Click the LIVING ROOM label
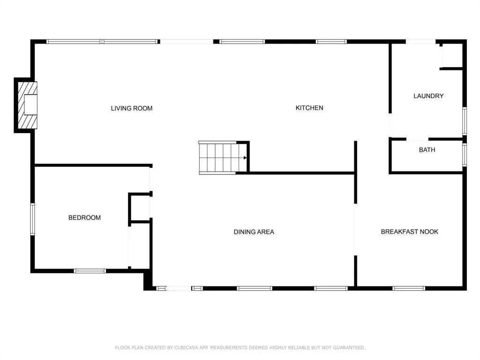[132, 108]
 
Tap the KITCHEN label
[309, 108]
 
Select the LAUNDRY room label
[428, 96]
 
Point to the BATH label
[427, 150]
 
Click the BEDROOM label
[84, 217]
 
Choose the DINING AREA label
[254, 232]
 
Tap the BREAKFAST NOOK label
[409, 232]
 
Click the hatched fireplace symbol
[28, 105]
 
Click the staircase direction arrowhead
[245, 158]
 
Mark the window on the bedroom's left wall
[32, 219]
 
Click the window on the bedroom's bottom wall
[90, 271]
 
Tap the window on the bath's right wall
[465, 155]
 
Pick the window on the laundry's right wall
[465, 121]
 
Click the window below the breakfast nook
[409, 288]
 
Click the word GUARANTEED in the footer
[349, 348]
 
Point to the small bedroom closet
[140, 207]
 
